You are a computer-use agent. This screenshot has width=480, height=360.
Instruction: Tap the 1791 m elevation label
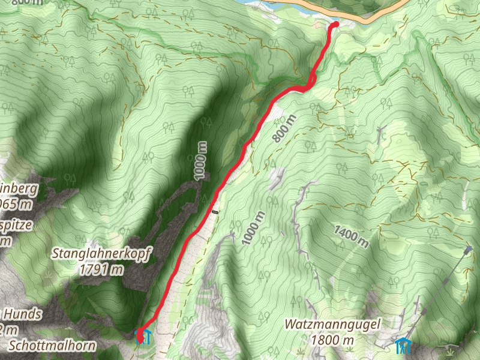point(101,269)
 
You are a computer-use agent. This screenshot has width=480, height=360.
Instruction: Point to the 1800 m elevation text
point(331,340)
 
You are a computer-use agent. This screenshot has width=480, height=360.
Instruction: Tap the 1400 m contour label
point(351,236)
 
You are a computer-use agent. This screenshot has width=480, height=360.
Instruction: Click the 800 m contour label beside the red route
point(284,128)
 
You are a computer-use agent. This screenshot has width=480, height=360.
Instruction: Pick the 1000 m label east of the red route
point(253,228)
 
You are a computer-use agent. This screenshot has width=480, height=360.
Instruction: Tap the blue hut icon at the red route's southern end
point(146,337)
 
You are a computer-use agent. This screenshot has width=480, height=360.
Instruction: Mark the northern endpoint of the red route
point(335,25)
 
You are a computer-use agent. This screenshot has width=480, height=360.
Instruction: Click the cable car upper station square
point(468,248)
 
